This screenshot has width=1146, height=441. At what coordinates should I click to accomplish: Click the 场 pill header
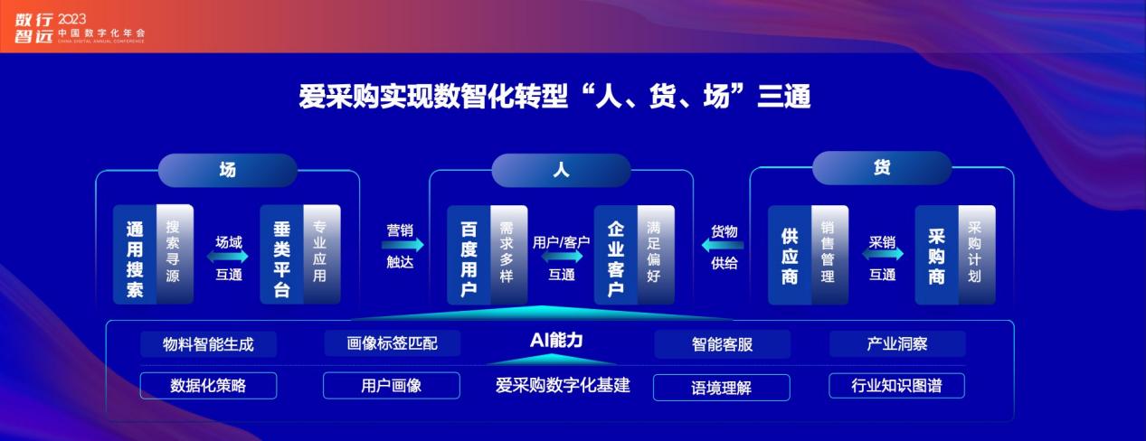click(x=228, y=170)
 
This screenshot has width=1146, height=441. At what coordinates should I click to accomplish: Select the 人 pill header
click(x=561, y=170)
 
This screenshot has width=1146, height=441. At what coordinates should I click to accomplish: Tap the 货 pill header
click(x=882, y=167)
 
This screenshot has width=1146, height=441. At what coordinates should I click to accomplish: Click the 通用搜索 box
click(x=153, y=255)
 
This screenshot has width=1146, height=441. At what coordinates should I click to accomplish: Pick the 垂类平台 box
click(x=300, y=255)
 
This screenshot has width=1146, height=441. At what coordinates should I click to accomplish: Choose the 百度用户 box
click(x=487, y=255)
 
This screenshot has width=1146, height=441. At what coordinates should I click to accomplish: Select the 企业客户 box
click(x=634, y=255)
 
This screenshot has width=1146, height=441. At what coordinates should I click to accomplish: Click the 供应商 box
click(x=809, y=255)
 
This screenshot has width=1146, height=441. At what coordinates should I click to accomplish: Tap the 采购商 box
click(x=955, y=255)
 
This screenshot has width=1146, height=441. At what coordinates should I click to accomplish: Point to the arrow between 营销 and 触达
click(x=403, y=245)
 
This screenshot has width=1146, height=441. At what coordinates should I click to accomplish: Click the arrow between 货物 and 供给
click(x=723, y=246)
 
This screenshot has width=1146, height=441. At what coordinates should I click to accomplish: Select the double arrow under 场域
click(x=228, y=256)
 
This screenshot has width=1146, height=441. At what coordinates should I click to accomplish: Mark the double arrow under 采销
click(x=883, y=253)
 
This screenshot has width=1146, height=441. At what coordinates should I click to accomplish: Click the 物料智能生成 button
click(x=208, y=344)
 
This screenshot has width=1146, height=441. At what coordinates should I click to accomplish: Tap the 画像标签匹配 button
click(x=392, y=342)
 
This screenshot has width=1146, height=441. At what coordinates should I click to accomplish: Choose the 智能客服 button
click(x=722, y=344)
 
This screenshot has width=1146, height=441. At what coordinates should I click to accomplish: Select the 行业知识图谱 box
click(x=897, y=385)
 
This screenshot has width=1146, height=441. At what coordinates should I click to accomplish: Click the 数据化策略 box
click(x=208, y=385)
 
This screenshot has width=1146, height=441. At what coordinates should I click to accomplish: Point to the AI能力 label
click(x=556, y=341)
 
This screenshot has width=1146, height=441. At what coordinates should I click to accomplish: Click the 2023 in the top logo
click(x=72, y=19)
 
